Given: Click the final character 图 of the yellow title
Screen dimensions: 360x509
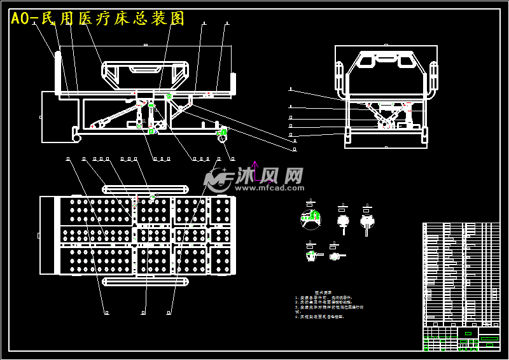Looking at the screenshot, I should (178, 19).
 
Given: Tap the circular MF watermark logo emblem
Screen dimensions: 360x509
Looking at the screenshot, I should (218, 180).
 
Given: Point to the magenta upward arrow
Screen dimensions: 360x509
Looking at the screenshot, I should (254, 170).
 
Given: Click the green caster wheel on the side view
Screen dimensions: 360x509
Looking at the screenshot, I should (223, 133).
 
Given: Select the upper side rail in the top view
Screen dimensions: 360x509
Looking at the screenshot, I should (146, 190).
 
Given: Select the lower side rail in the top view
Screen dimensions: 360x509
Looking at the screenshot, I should (146, 281).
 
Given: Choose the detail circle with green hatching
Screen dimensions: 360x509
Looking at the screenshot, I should (310, 219).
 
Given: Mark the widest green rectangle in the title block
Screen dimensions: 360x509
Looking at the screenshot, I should (489, 338).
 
